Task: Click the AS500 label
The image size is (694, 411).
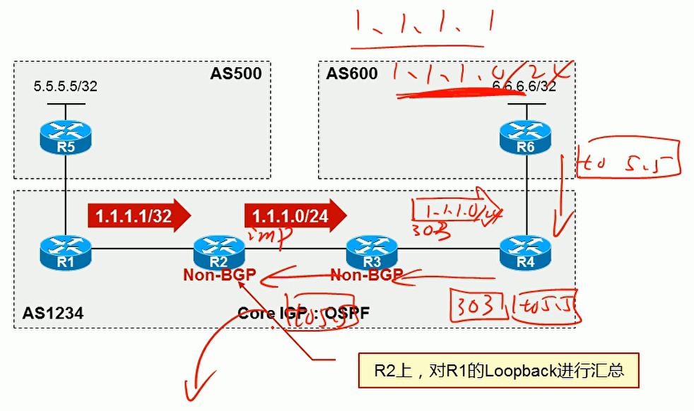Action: click(235, 73)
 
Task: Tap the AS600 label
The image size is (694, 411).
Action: click(352, 73)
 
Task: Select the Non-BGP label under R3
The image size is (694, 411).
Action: click(366, 275)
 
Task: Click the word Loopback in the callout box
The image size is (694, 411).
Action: click(508, 370)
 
